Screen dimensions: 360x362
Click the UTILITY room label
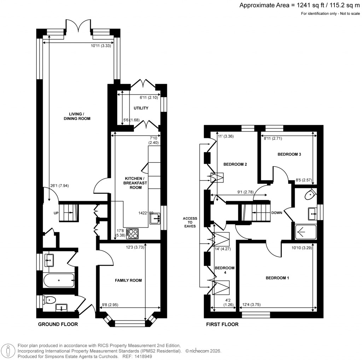pos(141,108)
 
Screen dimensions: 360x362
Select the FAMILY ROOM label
pos(128,280)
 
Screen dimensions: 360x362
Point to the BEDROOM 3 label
pos(289,155)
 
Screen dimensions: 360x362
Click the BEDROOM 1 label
pos(278,278)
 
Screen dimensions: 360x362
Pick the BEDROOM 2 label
pos(235,164)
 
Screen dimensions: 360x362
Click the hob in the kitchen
pos(133,233)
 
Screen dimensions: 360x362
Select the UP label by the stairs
pos(56,213)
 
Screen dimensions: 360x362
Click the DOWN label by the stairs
pos(276,213)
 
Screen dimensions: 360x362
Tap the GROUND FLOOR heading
pos(58,324)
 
